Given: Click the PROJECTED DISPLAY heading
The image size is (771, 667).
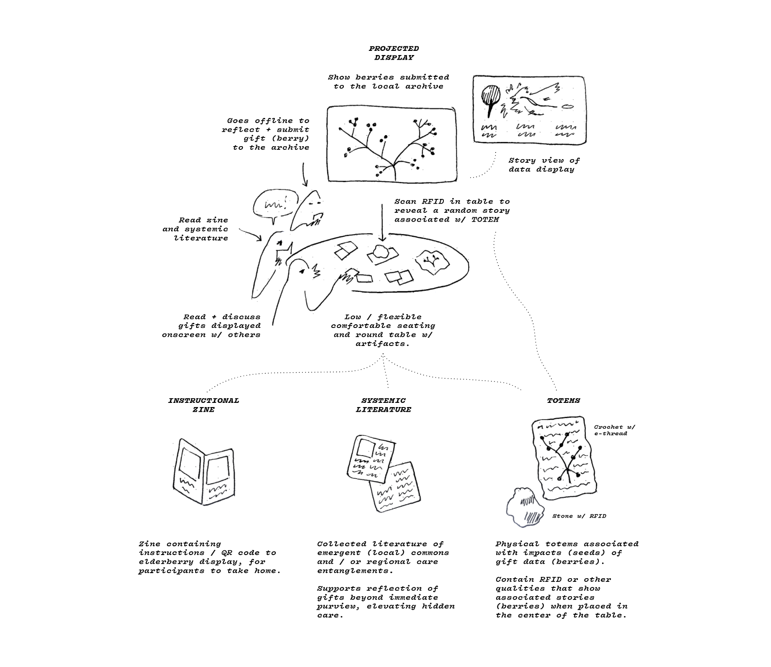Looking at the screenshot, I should point(394,53).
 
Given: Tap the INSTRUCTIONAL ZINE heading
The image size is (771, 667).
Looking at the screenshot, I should point(204,405).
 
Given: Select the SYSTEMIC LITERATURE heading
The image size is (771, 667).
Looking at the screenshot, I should point(383,405).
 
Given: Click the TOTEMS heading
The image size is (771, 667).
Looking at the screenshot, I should point(563,401).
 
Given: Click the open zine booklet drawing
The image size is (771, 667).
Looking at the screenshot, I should point(204,472).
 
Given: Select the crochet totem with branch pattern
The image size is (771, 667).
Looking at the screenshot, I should point(563,459).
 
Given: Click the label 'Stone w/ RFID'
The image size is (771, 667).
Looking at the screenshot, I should point(579,516).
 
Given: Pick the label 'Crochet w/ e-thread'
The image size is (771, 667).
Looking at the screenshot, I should point(614,430).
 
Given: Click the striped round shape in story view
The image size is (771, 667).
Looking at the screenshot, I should point(491,95).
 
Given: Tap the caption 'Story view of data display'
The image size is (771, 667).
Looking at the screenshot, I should point(543,165).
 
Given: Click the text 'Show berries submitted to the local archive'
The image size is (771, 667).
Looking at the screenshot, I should point(388,82).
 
